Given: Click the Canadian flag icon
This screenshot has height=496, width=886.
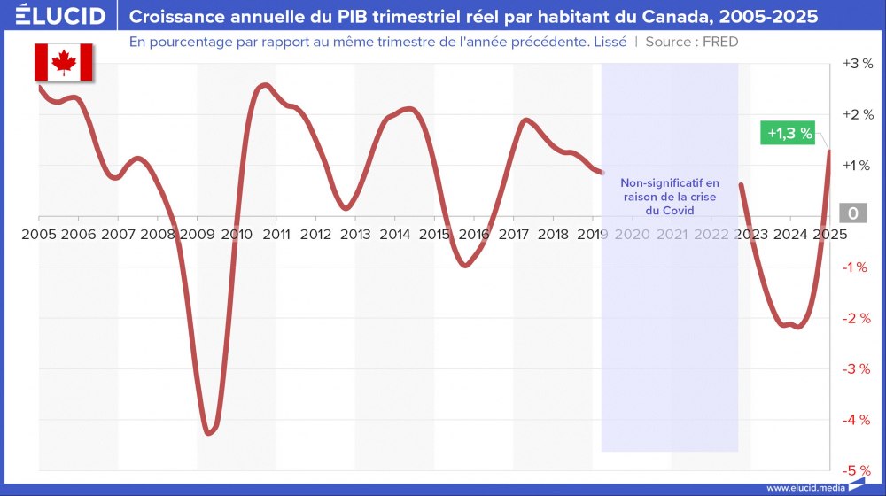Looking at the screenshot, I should point(64,61).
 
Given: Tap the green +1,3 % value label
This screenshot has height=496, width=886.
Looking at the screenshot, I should point(789,134).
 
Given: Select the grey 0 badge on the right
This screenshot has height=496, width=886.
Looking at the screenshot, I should point(852,213).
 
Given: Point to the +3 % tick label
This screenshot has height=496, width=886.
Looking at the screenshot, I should point(856,64).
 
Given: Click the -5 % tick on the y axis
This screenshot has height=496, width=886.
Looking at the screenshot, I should point(856,470).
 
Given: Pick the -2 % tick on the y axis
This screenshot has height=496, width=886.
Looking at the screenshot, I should point(856,318).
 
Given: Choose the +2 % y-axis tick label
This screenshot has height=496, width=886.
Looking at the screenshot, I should point(856,114).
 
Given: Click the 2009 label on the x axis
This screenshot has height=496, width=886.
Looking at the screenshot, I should point(198,234).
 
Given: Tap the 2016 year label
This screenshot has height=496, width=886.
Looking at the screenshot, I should point(474,234).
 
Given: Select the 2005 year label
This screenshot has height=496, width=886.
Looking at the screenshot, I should point(38,234).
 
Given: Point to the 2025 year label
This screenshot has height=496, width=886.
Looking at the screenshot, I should point(829,234).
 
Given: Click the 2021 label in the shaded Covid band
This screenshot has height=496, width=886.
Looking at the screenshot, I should point(672,234).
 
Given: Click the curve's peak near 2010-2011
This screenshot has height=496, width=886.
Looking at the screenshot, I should point(264,85).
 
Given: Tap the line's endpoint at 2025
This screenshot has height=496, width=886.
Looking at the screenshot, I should point(829,151).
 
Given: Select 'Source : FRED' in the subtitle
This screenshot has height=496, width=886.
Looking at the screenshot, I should point(692,42).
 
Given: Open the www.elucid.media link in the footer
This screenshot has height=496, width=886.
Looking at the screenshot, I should point(804,487).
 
